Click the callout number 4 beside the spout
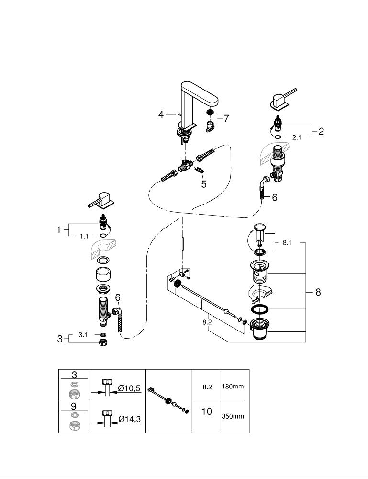[x=161, y=114]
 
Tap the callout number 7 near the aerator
[x=227, y=118]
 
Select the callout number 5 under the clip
[x=204, y=183]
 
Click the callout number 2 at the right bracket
[x=321, y=131]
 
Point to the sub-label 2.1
[x=297, y=137]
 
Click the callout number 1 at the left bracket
[x=59, y=230]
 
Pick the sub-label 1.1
[x=84, y=236]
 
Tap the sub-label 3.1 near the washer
[x=83, y=335]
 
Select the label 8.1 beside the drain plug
[x=287, y=243]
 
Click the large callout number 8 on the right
[x=318, y=292]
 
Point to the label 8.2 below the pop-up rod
[x=207, y=322]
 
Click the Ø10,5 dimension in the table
[x=129, y=388]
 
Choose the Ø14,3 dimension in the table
[x=129, y=419]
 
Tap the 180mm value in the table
[x=232, y=386]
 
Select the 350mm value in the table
[x=232, y=416]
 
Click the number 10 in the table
[x=206, y=411]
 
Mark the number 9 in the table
[x=74, y=406]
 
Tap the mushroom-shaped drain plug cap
[x=260, y=227]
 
